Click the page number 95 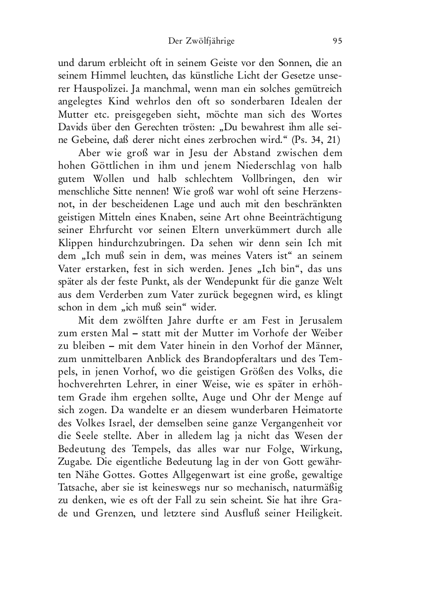pos(337,41)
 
